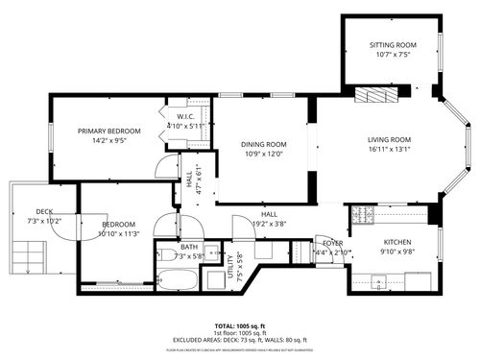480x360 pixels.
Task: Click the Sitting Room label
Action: click(393, 45)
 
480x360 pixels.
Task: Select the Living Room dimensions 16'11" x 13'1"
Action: click(389, 149)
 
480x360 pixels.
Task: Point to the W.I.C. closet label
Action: click(186, 117)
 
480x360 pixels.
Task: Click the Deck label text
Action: click(44, 212)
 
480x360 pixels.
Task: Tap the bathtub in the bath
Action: click(178, 281)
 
